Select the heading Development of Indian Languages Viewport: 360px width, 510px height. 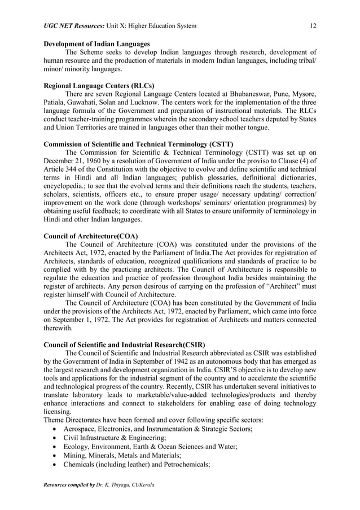pos(96,43)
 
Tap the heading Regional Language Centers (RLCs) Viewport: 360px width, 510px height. pos(99,85)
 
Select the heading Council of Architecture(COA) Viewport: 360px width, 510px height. pos(91,236)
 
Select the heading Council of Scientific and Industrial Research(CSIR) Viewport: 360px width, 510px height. pos(124,345)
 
